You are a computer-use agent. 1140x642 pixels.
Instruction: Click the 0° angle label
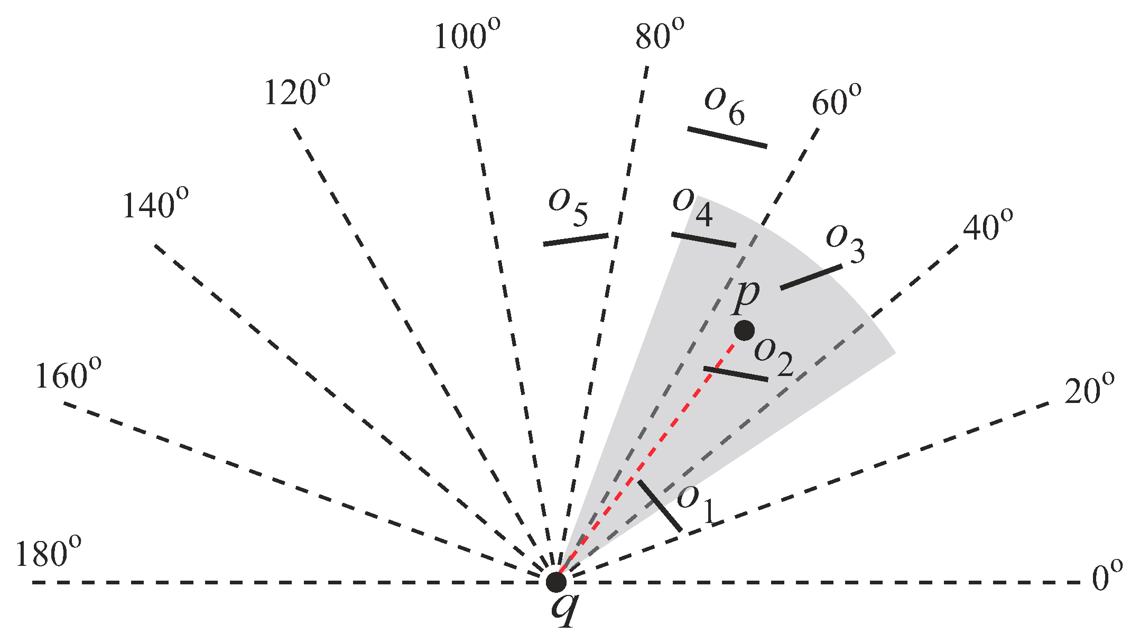[x=1107, y=576]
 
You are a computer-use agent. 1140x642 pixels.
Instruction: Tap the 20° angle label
[x=1089, y=391]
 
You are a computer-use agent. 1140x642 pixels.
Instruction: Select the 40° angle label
[x=987, y=227]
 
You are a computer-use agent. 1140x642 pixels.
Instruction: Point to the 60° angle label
[x=836, y=100]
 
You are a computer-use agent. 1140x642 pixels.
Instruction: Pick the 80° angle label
[x=659, y=35]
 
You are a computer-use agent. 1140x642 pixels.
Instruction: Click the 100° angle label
[x=467, y=35]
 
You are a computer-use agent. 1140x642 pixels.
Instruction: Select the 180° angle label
[x=48, y=553]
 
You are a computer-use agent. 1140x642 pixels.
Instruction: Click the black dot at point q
[x=556, y=582]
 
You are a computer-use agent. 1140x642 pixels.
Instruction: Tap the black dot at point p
[x=744, y=331]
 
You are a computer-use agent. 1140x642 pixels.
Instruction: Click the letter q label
[x=564, y=610]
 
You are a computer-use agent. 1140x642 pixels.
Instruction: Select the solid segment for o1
[x=659, y=505]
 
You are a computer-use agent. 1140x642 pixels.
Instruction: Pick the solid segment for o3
[x=811, y=277]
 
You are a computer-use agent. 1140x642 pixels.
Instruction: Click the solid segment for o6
[x=727, y=137]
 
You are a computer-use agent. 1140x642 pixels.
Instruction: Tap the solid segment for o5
[x=576, y=240]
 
